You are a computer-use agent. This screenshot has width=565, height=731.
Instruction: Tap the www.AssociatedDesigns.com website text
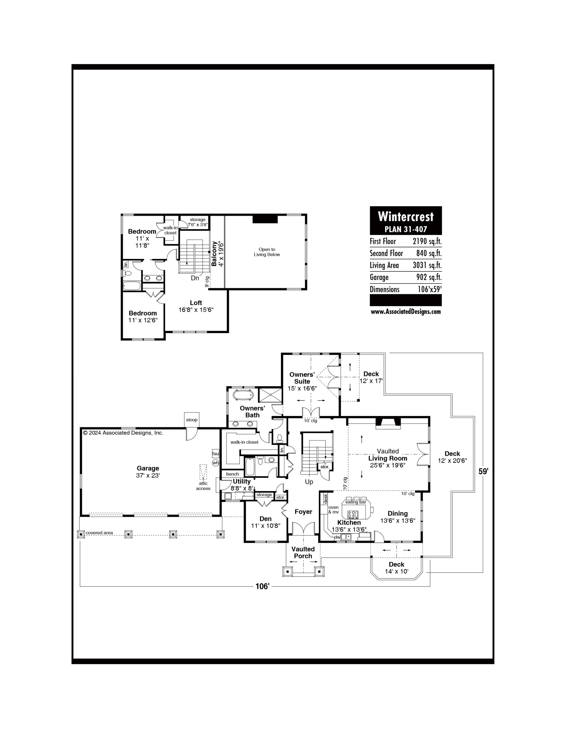coord(406,312)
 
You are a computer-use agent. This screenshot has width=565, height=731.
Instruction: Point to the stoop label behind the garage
coord(192,420)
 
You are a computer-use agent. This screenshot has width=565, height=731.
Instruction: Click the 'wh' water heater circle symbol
coord(215,463)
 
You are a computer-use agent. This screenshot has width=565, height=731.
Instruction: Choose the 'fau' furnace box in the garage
coord(215,454)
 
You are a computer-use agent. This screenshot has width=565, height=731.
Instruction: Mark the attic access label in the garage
coord(203,486)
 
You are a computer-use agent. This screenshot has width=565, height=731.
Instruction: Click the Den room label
coord(266,519)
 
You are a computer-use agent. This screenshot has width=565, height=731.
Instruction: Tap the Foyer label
coord(303,512)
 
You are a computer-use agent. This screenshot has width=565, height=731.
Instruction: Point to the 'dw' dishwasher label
coord(337,537)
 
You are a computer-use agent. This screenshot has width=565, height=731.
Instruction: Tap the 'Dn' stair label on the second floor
coord(195,278)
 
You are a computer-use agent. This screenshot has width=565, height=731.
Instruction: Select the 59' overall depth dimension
coord(483,471)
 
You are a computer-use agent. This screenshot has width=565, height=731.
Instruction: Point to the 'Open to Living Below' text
coord(267,252)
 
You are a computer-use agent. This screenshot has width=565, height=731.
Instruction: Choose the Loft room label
coord(196,303)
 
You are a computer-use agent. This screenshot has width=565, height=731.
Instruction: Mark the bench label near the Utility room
coord(233,474)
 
